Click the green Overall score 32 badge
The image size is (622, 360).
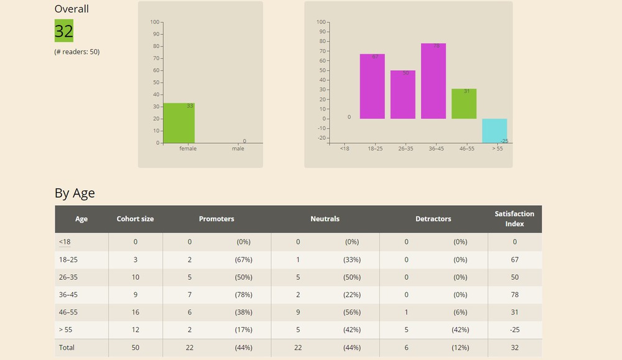click(x=64, y=31)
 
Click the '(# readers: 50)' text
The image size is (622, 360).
click(x=77, y=52)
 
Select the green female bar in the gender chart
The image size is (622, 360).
click(x=179, y=123)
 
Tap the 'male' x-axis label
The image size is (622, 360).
click(x=238, y=149)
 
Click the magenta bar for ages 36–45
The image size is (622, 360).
click(x=434, y=81)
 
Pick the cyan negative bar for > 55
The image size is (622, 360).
click(x=494, y=131)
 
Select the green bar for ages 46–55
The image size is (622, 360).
click(x=464, y=104)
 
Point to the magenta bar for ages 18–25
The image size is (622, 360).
click(x=372, y=86)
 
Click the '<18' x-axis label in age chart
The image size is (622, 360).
click(x=344, y=149)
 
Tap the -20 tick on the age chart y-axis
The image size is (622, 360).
click(x=321, y=138)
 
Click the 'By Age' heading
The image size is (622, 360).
click(x=75, y=193)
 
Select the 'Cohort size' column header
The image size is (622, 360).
click(x=135, y=219)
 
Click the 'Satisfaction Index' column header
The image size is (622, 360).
click(x=514, y=219)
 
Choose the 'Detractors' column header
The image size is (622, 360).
click(x=433, y=219)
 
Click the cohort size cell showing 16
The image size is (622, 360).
click(x=135, y=312)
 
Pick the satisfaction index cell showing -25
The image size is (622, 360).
click(x=514, y=330)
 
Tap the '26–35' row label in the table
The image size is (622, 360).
click(x=70, y=277)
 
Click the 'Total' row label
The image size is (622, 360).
click(x=67, y=348)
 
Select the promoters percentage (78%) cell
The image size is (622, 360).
click(x=243, y=295)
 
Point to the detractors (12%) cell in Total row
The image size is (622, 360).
click(x=460, y=348)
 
